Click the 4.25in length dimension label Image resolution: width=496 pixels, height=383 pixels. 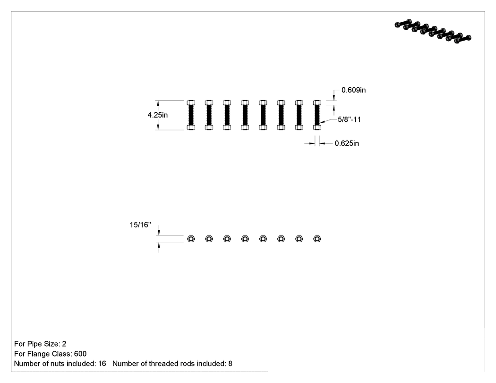(157, 115)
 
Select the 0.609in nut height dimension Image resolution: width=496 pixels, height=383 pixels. (353, 90)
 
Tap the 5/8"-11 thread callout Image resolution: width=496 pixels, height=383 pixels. (349, 119)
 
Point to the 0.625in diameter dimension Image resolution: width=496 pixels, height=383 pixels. (347, 143)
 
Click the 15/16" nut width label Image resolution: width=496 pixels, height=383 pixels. (140, 225)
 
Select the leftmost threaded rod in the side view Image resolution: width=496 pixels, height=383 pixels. (191, 115)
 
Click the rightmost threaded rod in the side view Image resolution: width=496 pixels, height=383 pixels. (317, 115)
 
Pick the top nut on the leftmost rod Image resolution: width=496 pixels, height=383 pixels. (191, 103)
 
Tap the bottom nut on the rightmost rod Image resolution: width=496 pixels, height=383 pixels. (317, 128)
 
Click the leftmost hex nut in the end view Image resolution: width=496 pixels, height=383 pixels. (191, 239)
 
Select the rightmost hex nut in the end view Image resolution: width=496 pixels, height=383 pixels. (317, 239)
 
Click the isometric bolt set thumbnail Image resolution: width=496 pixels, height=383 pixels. (433, 31)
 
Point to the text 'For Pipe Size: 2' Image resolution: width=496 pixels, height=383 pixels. (40, 344)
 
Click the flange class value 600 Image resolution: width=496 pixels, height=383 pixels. (80, 354)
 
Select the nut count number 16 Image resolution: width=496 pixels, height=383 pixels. (102, 364)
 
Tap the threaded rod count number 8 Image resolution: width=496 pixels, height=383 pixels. (231, 364)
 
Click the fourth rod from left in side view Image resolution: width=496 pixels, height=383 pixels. (245, 115)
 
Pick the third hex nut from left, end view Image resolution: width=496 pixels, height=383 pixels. (227, 239)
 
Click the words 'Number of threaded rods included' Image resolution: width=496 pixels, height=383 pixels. (169, 364)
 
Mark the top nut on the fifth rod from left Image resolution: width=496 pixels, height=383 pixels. (263, 103)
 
